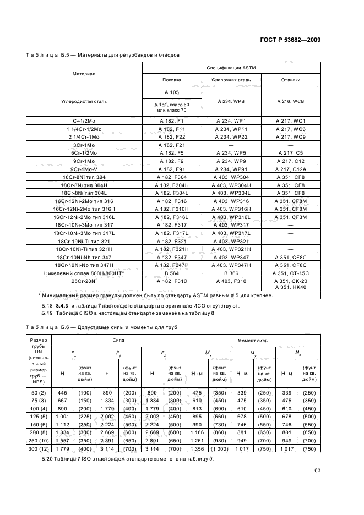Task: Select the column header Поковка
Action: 173,80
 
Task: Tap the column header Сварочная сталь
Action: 231,80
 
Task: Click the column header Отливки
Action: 291,80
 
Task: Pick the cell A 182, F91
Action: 173,169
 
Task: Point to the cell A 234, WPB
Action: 231,101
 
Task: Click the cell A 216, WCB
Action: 291,101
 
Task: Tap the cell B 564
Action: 173,273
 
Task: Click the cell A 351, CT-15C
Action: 291,273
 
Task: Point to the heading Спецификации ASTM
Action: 231,68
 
